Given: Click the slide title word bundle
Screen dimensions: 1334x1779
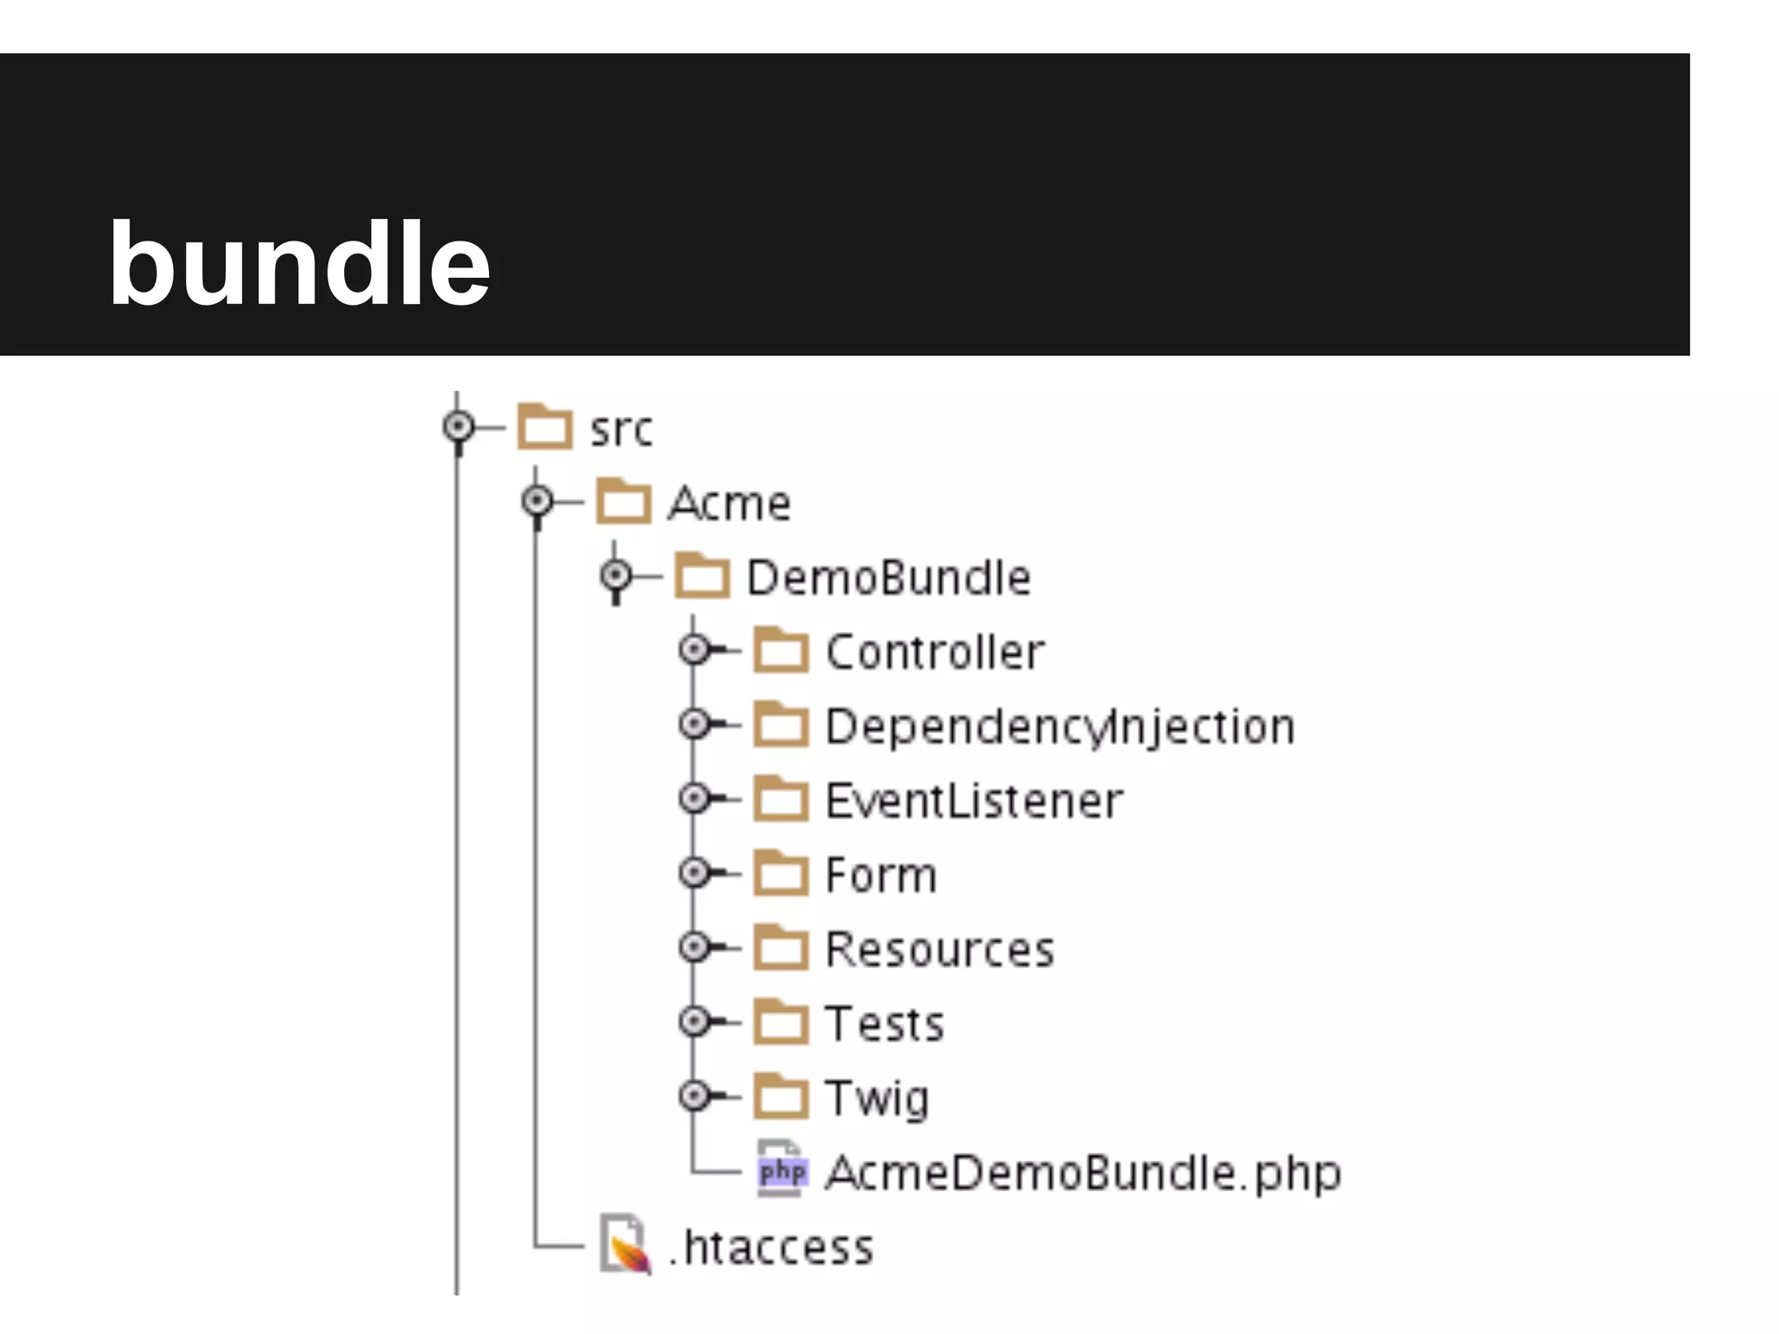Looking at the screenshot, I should coord(299,265).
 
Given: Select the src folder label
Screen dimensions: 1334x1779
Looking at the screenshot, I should coord(620,430).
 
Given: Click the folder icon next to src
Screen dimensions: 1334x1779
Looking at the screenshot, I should coord(545,426).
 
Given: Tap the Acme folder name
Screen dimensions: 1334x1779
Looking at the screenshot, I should coord(730,504).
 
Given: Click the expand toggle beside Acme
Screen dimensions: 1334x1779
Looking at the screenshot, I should coord(538,501).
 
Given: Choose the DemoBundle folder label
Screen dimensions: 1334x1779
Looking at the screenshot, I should coord(889,578).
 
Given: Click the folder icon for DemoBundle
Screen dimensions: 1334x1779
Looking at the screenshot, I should coord(702,576).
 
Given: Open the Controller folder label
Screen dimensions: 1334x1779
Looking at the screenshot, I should coord(935,652).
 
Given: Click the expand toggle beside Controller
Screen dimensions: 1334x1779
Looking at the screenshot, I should coord(695,649).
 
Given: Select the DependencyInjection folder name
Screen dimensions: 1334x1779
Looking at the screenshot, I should coord(1060,727).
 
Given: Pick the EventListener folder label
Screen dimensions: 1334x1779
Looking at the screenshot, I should coord(974,801).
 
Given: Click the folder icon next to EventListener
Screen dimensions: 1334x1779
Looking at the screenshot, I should coord(780,799).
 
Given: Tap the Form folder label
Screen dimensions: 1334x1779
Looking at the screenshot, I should coord(881,875).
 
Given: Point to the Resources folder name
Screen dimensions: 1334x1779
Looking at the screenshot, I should coord(939,949).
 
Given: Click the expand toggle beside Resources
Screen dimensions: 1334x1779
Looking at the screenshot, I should coord(695,947).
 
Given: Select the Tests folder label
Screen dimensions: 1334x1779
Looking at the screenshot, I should coord(883,1024).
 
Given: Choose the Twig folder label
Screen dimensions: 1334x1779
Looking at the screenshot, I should coord(876,1099).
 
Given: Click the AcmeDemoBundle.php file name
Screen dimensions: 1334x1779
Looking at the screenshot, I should coord(1082,1173).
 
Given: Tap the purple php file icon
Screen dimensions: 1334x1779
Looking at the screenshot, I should coord(782,1172).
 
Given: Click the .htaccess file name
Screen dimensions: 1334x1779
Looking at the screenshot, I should coord(770,1248).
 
